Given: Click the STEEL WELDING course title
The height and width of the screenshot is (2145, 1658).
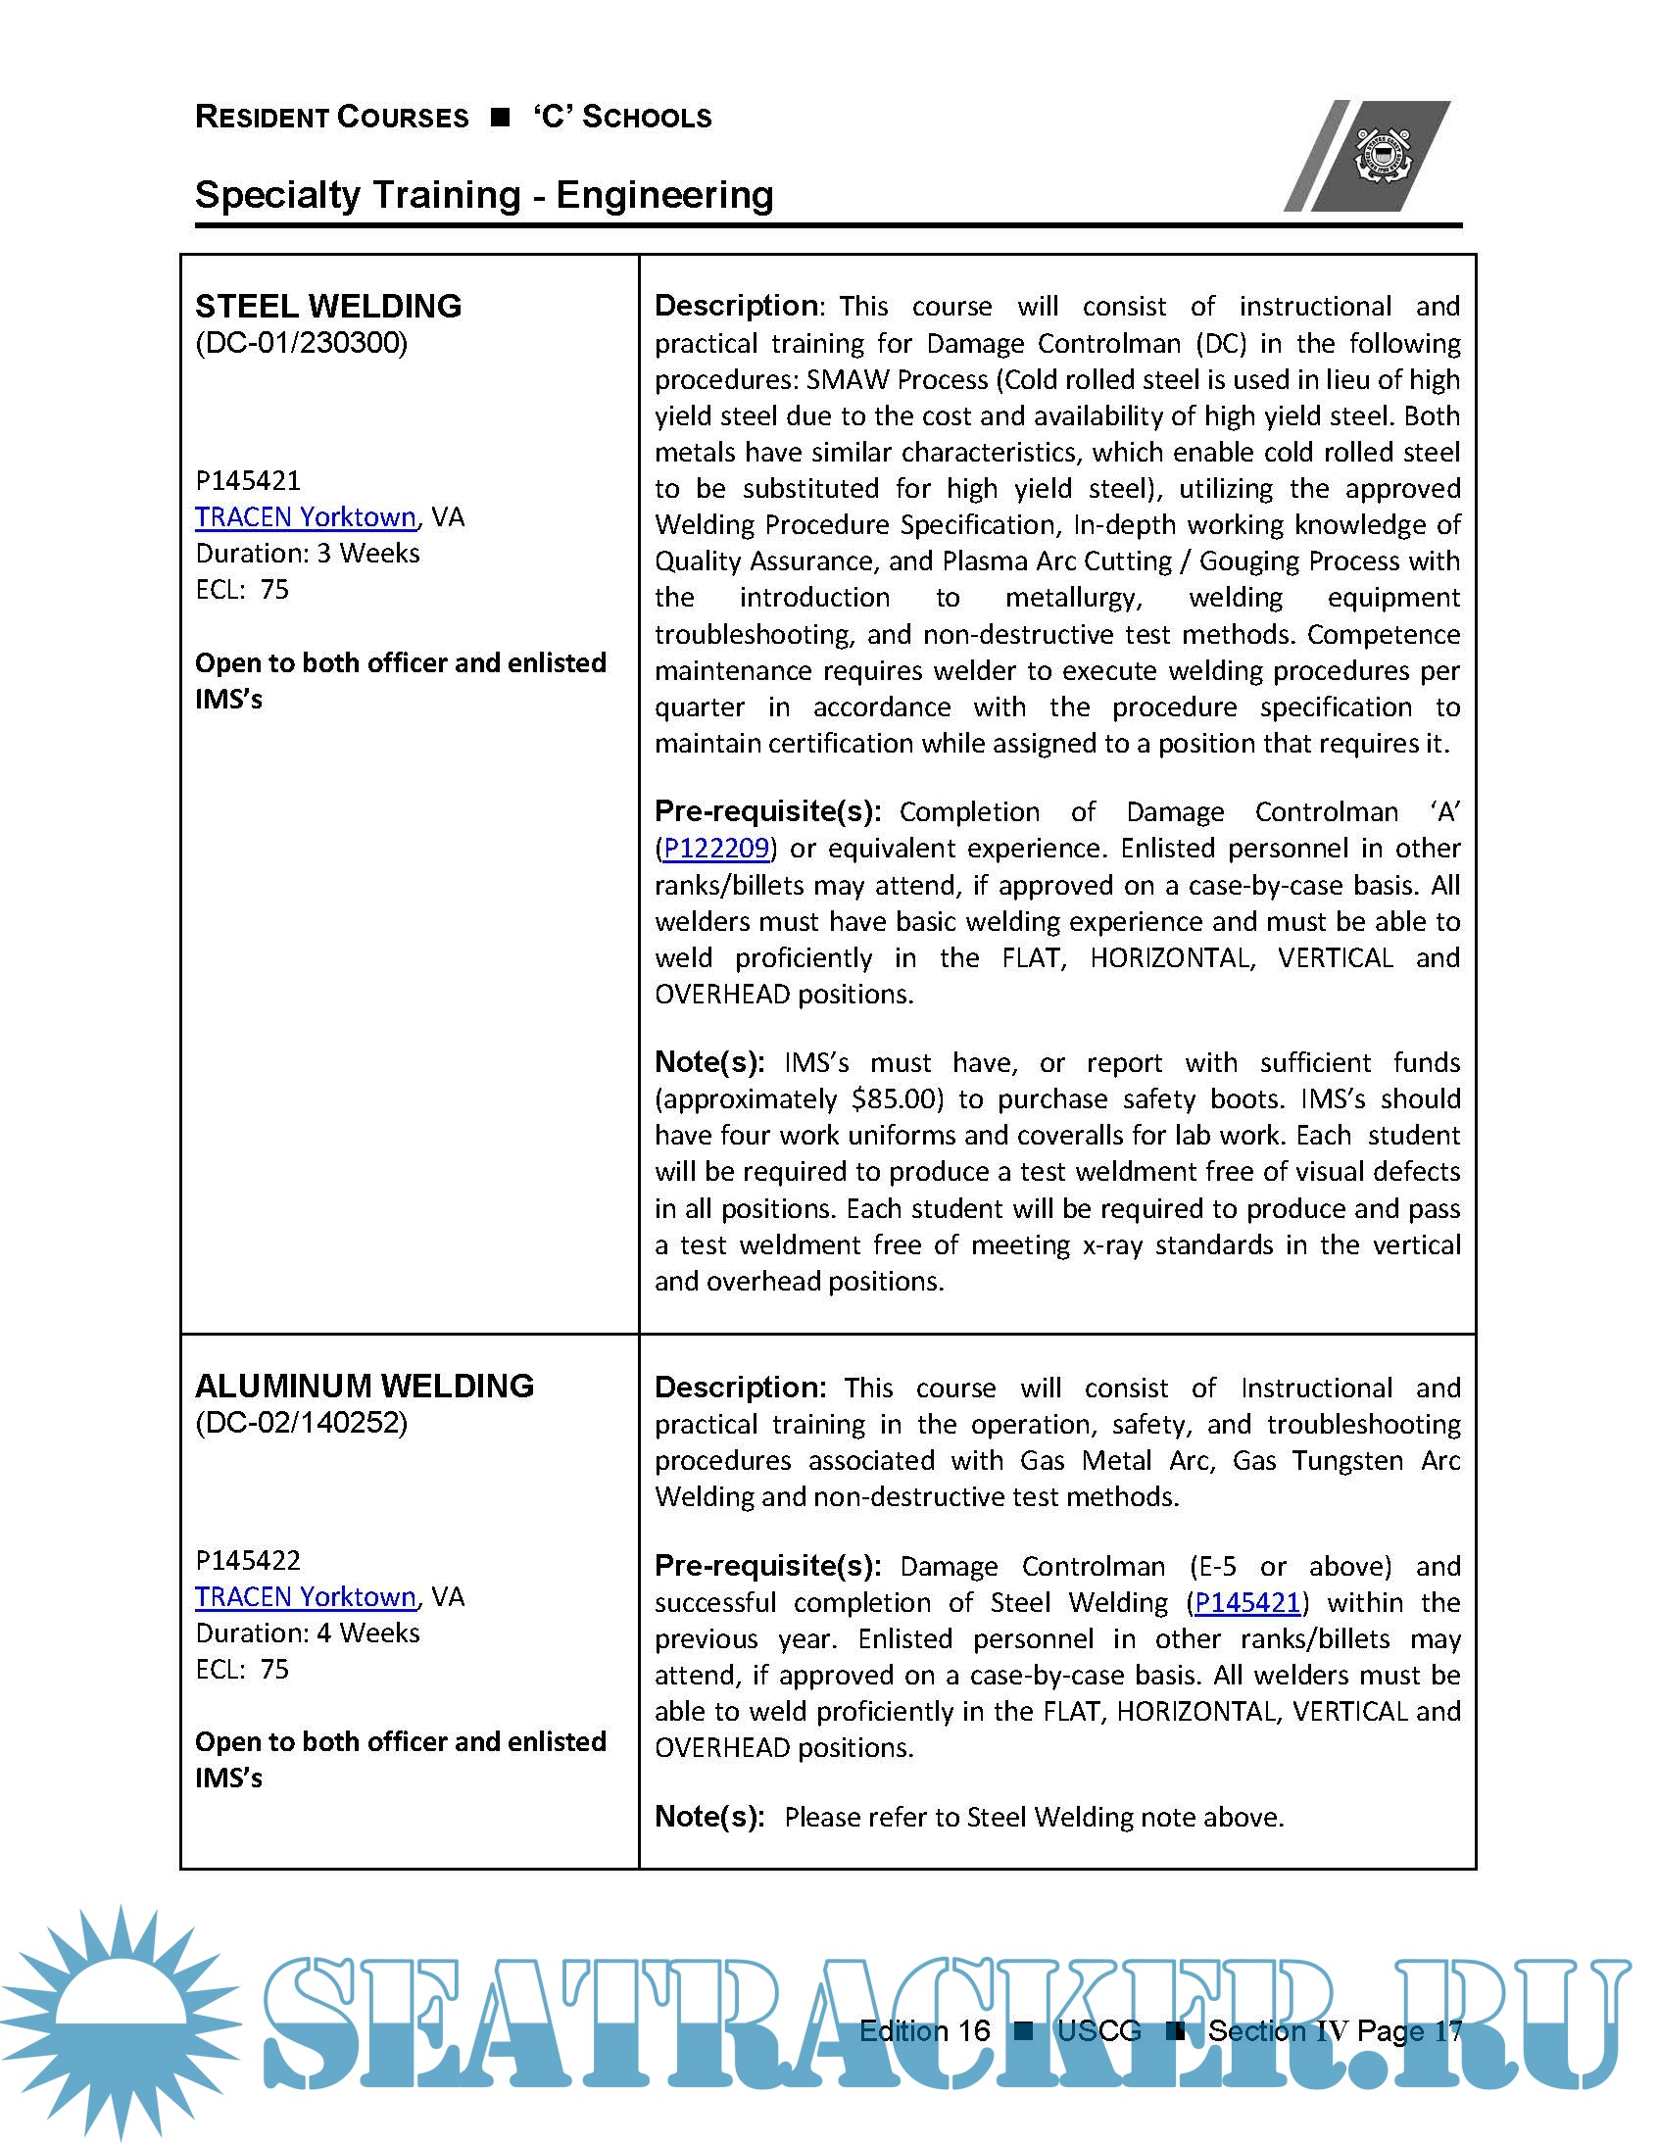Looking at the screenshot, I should tap(328, 307).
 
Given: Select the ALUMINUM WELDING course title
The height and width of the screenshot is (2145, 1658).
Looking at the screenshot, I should tap(365, 1386).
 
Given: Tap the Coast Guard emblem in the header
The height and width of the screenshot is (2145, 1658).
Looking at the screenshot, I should tap(1382, 154).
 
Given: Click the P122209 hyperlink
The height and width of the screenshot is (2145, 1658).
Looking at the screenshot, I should tap(716, 849).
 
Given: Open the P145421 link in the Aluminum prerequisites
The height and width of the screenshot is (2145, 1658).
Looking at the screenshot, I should tap(1247, 1603).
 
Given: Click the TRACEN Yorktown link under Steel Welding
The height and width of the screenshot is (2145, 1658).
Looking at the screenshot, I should tap(306, 517).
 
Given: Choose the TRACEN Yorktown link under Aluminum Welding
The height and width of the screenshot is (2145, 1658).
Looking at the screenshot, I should tap(306, 1597).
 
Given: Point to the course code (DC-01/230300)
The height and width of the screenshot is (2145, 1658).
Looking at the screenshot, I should tap(302, 343).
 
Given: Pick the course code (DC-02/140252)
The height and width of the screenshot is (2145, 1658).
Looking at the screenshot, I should tap(302, 1422).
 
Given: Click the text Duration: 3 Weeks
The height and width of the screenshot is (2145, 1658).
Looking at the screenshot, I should tap(308, 554).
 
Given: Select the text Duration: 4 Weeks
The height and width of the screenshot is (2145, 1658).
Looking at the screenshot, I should tap(308, 1633).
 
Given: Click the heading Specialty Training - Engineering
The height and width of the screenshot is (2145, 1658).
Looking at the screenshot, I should tap(484, 194).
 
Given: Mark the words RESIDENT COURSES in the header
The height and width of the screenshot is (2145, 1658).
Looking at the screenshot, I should tap(332, 117).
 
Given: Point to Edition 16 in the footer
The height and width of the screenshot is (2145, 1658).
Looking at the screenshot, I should tap(924, 2031).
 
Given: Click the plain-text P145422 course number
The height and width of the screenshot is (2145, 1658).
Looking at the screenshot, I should tap(248, 1561).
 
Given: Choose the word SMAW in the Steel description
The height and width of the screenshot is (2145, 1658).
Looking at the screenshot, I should tap(848, 380).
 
